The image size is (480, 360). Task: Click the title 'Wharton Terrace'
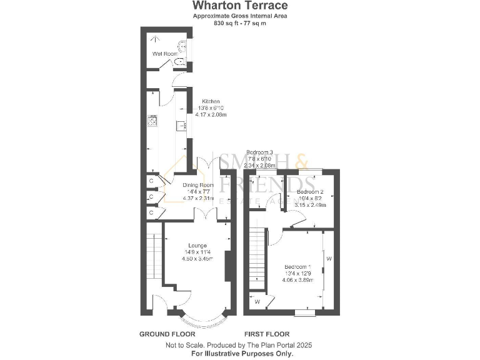[239, 6]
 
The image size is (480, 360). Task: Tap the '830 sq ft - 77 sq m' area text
[239, 23]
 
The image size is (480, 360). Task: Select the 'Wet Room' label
[161, 54]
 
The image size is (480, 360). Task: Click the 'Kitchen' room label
[210, 101]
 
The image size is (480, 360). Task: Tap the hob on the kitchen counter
[151, 121]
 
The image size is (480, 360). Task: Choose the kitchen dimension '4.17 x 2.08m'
[210, 115]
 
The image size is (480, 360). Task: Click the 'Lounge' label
[197, 245]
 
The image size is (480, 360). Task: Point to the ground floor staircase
[151, 256]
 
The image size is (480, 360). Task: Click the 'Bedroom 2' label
[309, 191]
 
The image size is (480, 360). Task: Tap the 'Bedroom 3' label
[259, 152]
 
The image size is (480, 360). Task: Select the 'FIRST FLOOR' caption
[266, 334]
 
